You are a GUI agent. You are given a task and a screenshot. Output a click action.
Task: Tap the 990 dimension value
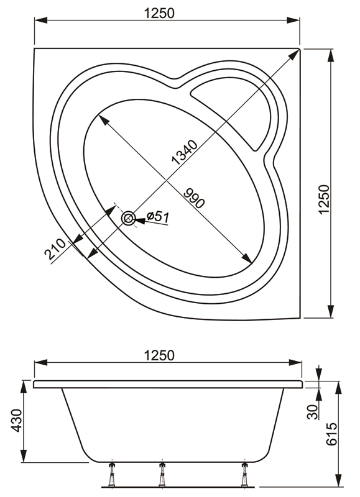point(194,198)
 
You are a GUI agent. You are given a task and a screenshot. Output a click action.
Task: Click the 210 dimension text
point(55,249)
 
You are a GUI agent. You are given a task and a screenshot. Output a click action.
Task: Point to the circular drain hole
point(129,218)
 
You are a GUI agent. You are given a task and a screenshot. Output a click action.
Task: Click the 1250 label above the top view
point(159,13)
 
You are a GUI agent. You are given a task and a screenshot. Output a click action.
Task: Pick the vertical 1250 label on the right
point(325,199)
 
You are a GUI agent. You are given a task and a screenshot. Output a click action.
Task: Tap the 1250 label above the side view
point(159,355)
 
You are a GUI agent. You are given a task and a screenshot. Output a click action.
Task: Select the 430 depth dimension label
point(17,421)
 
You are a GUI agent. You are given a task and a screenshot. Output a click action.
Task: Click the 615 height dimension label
point(331,434)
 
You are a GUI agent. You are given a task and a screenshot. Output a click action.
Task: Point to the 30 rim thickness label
point(313,412)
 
